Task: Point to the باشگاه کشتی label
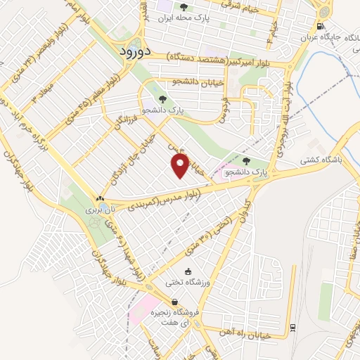[x=331, y=160]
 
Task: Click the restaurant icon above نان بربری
[x=99, y=198]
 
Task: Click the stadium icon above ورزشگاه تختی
[x=187, y=271]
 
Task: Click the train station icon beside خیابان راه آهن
[x=292, y=327]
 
